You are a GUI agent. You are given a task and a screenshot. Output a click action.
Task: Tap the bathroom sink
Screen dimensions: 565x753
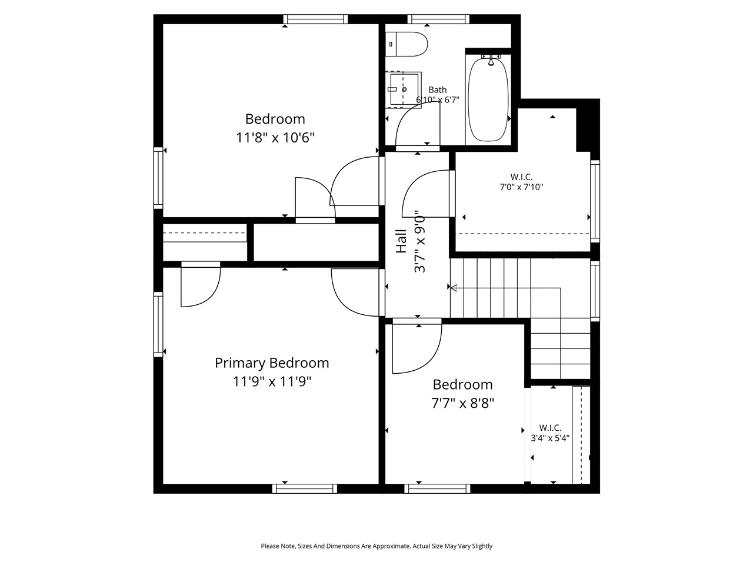click(403, 89)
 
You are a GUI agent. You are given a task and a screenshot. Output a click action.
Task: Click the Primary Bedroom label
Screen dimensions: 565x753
click(272, 363)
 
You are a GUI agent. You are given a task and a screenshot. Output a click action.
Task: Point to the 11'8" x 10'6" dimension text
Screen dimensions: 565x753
click(275, 138)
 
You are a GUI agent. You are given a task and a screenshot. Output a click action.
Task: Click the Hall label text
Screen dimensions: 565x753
click(401, 241)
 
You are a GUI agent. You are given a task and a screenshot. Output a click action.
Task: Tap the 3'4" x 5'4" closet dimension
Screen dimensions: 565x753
click(550, 438)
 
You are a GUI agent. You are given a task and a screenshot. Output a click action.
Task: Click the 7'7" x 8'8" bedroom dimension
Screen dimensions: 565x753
click(462, 403)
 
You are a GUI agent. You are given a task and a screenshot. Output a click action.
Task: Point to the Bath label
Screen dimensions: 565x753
click(437, 90)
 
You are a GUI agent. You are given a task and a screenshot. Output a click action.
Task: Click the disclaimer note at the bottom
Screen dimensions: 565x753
click(376, 546)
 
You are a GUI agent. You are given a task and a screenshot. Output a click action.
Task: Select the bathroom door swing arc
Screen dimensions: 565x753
click(415, 124)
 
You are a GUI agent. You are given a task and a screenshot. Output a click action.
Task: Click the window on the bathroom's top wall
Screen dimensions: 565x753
click(438, 19)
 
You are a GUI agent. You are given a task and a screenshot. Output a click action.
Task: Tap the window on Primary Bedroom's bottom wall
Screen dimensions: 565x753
click(305, 488)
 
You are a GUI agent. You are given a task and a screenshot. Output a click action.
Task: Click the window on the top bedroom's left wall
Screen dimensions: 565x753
click(158, 177)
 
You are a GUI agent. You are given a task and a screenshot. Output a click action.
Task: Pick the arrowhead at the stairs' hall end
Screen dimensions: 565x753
click(452, 287)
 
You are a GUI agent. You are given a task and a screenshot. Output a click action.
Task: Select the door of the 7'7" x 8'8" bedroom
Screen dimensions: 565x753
click(417, 347)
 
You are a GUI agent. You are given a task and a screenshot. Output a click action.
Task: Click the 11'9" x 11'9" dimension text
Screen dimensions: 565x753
click(272, 382)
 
